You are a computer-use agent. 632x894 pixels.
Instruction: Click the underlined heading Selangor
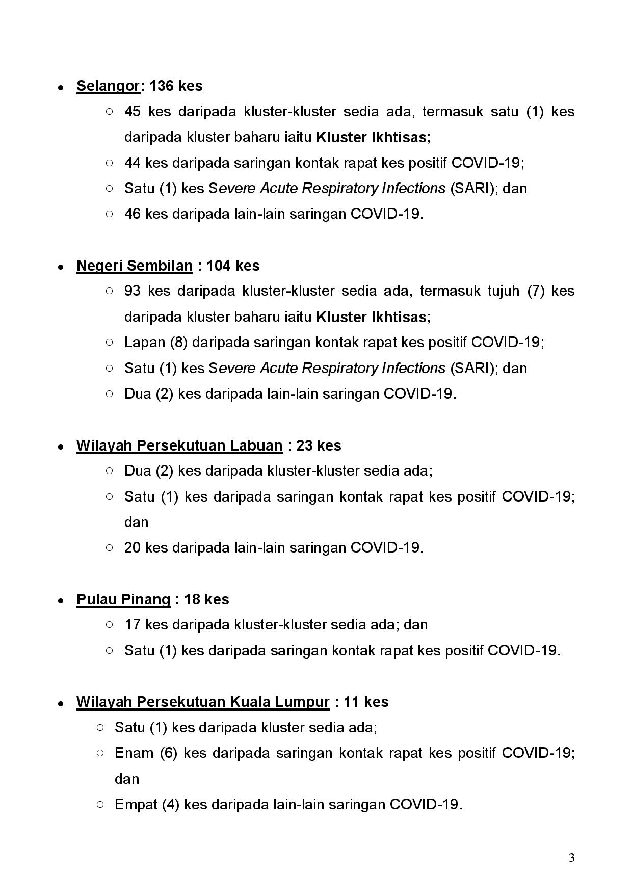(108, 86)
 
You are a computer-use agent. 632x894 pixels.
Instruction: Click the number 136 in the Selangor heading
(162, 86)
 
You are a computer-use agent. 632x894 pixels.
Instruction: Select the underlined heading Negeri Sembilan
(135, 266)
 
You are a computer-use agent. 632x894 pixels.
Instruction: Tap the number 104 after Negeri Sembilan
(218, 266)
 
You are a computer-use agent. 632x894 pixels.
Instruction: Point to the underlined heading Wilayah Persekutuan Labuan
(179, 445)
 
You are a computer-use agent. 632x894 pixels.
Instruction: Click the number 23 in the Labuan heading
(304, 445)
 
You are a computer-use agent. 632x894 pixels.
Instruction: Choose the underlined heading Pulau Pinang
(123, 599)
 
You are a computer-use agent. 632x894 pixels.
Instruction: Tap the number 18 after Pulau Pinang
(192, 599)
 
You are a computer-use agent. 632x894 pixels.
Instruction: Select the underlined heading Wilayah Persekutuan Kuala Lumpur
(203, 702)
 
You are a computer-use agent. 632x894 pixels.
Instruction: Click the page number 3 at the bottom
(572, 858)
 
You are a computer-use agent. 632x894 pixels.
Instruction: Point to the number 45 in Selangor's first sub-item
(133, 112)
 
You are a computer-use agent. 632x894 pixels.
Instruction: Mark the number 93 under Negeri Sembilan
(133, 291)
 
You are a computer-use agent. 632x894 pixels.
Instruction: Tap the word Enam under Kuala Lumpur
(134, 753)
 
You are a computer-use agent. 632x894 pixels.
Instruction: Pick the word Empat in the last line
(135, 804)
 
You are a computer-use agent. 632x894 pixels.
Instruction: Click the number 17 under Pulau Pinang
(133, 625)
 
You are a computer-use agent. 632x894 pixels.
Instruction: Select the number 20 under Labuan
(133, 548)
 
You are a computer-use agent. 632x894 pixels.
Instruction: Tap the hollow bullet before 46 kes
(109, 214)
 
